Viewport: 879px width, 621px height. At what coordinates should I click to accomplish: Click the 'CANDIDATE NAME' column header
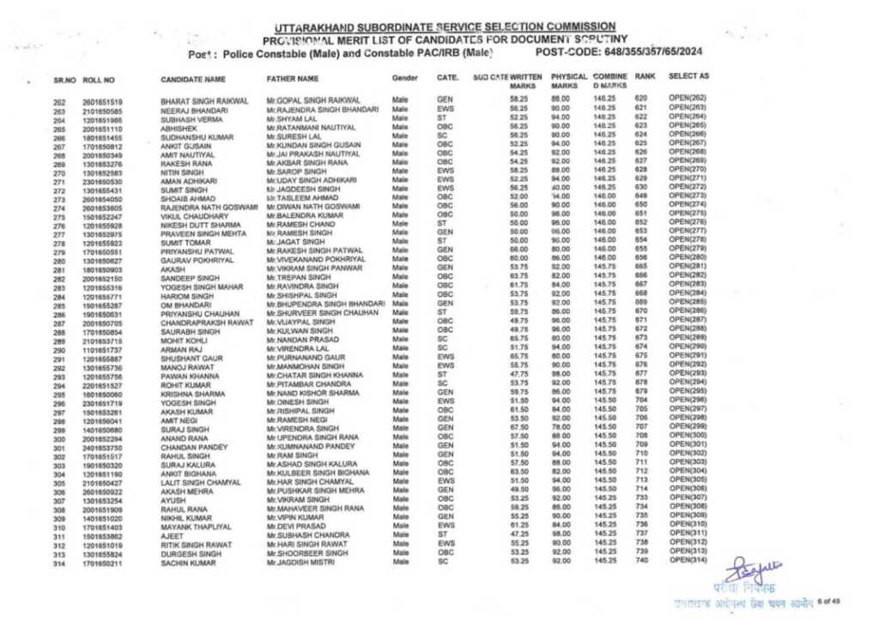(193, 79)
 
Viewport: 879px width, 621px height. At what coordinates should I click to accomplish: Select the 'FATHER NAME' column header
(296, 79)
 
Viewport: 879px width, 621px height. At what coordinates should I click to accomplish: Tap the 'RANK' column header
(645, 76)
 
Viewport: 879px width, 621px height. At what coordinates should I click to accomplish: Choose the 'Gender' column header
(404, 78)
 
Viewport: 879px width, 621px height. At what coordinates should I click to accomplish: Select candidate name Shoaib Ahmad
(186, 199)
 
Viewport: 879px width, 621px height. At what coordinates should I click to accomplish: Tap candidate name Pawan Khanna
(187, 376)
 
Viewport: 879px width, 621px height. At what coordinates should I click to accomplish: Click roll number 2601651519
(102, 101)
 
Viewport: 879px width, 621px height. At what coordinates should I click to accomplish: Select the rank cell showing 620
(640, 99)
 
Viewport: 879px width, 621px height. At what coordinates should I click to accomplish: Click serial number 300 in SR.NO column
(59, 438)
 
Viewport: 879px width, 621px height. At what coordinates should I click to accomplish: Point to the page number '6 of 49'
(831, 601)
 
